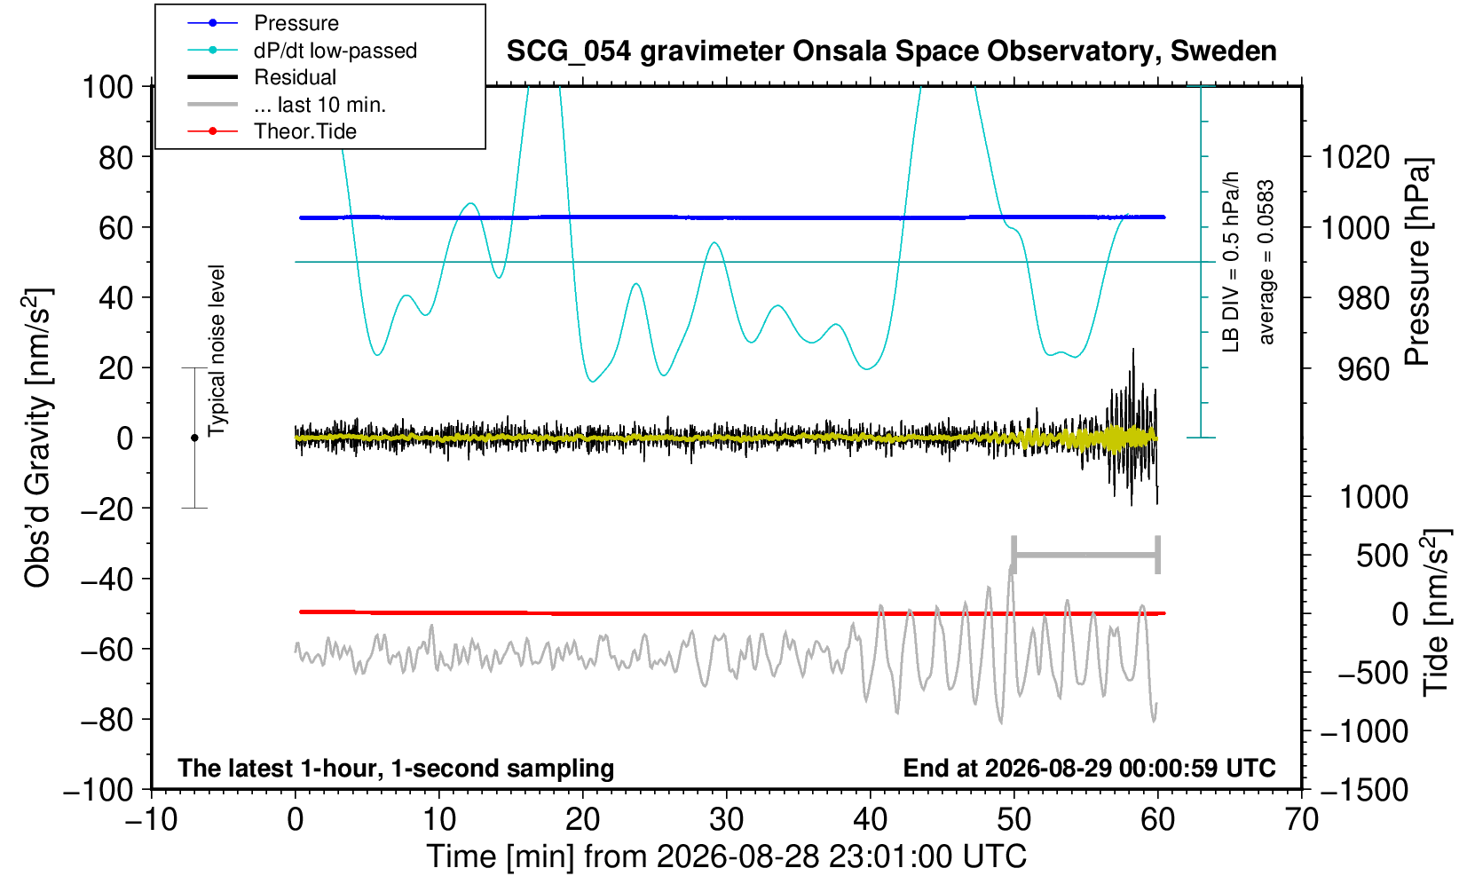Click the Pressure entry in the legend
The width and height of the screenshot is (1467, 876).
click(x=296, y=24)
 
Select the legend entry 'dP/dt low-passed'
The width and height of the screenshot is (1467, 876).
click(x=335, y=51)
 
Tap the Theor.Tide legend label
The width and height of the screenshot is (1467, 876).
click(x=305, y=131)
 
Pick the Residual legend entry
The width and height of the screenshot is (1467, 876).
click(x=296, y=77)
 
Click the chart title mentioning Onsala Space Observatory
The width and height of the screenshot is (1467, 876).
click(x=891, y=51)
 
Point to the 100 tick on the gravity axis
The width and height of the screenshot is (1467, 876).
click(x=107, y=87)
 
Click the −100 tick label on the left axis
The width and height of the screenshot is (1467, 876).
click(x=99, y=791)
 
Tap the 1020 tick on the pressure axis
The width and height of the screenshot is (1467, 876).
click(x=1355, y=157)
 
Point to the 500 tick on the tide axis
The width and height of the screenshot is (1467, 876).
click(x=1382, y=556)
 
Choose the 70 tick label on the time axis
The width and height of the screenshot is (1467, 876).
click(x=1301, y=820)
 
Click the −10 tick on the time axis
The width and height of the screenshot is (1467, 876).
click(x=151, y=820)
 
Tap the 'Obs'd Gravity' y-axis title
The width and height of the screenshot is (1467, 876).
click(x=37, y=438)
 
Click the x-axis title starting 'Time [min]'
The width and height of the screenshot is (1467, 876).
click(x=726, y=856)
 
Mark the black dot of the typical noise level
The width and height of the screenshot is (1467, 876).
click(x=194, y=438)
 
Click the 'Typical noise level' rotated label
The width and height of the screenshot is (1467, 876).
click(x=217, y=351)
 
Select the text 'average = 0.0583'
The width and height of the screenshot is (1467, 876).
click(x=1266, y=262)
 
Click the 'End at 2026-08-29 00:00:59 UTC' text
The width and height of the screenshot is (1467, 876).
click(x=1089, y=768)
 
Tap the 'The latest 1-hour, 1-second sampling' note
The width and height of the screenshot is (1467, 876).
click(x=396, y=769)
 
